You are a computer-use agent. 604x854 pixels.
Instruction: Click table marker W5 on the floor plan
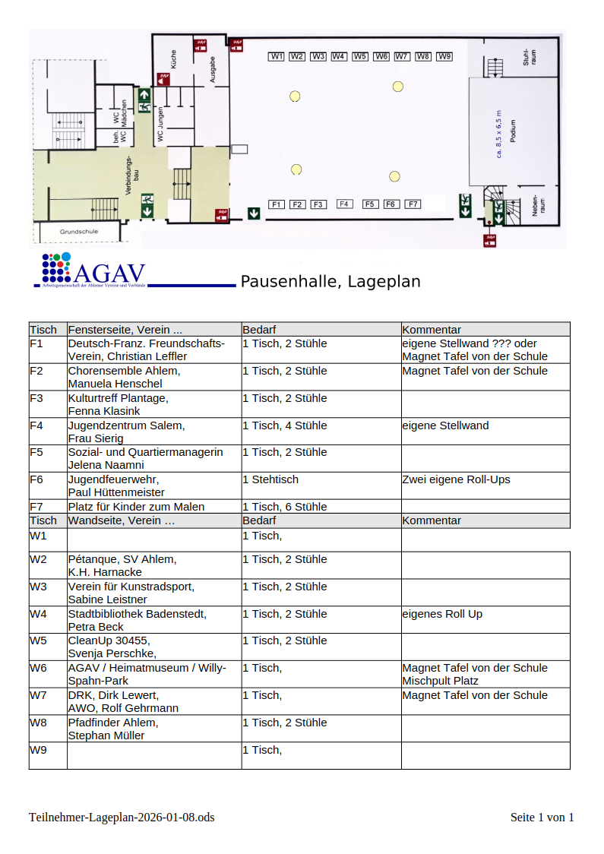(x=360, y=56)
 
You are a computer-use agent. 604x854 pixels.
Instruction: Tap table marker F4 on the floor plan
(x=344, y=204)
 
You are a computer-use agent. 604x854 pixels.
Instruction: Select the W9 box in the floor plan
(x=444, y=56)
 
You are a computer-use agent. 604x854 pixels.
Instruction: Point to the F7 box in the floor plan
(x=413, y=204)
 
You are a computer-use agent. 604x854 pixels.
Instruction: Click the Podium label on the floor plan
(x=514, y=136)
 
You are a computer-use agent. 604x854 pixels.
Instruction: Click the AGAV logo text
(x=110, y=274)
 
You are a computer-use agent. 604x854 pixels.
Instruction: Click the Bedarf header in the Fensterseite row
(x=259, y=330)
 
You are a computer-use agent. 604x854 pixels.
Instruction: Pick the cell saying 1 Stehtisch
(x=270, y=479)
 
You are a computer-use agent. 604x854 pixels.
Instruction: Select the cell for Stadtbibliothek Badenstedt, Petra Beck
(x=137, y=620)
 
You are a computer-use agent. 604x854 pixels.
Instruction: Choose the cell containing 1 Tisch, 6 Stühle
(x=285, y=507)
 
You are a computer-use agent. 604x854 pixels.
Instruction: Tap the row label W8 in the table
(x=38, y=723)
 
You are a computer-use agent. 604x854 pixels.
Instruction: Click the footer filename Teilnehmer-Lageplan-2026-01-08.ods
(x=122, y=818)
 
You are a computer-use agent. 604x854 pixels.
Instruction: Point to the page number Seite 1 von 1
(x=542, y=818)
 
